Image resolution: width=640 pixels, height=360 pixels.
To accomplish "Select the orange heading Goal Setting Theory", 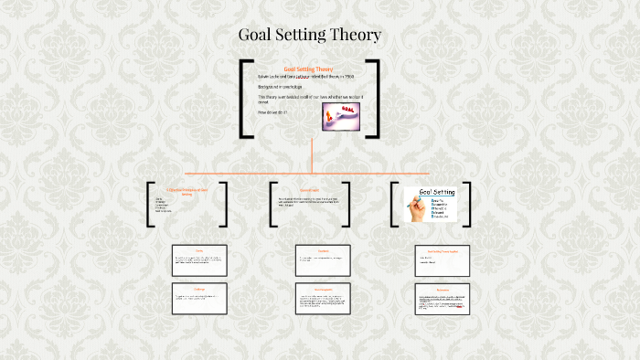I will coord(309,69).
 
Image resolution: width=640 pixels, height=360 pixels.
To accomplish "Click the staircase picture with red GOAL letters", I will coord(341,115).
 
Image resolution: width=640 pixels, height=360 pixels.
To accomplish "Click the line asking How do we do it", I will coord(272,112).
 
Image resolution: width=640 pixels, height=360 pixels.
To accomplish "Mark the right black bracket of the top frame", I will coord(374,99).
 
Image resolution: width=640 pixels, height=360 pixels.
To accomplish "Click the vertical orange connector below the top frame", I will coord(312,155).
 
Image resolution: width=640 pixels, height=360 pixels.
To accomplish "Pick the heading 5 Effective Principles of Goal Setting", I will coord(187,192).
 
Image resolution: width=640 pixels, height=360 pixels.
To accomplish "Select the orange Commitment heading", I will coord(309,190).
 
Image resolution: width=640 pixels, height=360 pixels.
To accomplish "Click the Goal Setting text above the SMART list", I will coord(437,192).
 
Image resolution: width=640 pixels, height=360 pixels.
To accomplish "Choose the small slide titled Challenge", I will coord(199,299).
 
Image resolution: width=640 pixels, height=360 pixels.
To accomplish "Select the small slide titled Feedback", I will coord(323,260).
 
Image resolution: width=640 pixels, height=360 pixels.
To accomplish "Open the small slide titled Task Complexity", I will coord(323,300).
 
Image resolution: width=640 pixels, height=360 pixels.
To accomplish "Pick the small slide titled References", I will coord(443,300).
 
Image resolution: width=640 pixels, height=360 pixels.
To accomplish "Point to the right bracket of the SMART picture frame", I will coord(466,204).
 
